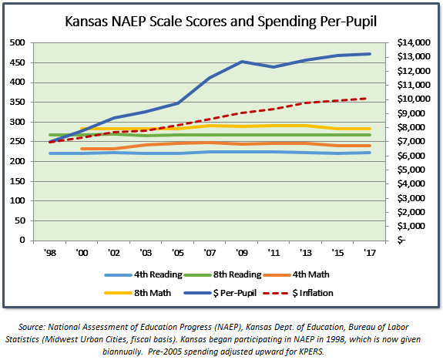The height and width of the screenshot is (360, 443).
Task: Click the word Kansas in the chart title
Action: click(86, 22)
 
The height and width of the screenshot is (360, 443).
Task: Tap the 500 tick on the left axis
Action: click(18, 42)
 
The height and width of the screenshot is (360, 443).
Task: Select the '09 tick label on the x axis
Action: click(242, 253)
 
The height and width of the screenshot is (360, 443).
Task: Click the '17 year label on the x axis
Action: click(370, 253)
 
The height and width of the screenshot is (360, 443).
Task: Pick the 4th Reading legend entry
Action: click(143, 274)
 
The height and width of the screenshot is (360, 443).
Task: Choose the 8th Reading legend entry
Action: click(223, 274)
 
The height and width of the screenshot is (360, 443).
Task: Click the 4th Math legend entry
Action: click(296, 274)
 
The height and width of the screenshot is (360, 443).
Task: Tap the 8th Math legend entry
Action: click(138, 293)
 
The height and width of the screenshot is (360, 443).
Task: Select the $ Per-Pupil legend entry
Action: click(220, 293)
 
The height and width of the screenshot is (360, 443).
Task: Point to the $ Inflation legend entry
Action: click(298, 293)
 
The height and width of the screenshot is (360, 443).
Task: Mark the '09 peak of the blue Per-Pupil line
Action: click(242, 62)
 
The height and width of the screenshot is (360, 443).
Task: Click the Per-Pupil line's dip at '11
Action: click(274, 67)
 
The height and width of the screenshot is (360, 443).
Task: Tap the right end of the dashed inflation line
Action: click(367, 99)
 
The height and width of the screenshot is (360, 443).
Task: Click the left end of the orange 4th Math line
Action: click(82, 149)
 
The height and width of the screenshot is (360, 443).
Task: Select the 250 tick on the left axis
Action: click(18, 141)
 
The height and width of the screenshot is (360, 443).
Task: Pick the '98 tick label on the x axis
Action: click(50, 253)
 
